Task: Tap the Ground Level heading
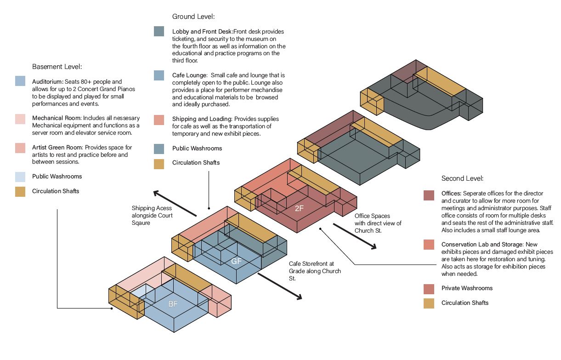[193, 17]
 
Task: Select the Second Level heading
[462, 178]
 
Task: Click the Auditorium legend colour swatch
[20, 81]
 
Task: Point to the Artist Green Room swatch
[20, 148]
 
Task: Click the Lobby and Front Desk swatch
[159, 32]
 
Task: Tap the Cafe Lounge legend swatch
[159, 75]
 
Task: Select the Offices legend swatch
[429, 195]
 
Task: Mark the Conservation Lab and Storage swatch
[429, 245]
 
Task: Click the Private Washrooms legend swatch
[429, 288]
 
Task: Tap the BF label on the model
[173, 304]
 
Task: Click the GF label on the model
[236, 261]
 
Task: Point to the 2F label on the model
[299, 208]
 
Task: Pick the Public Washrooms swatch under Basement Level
[20, 177]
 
